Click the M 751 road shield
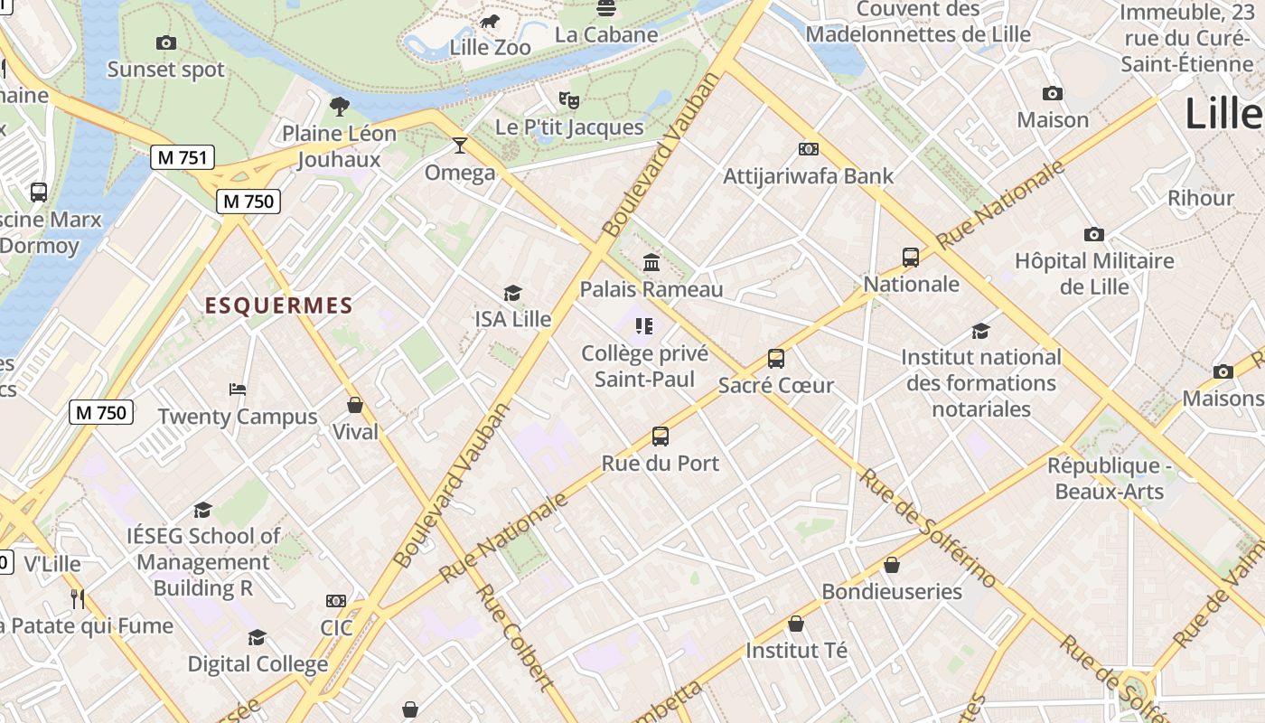183,157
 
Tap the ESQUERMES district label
278,305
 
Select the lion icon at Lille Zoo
489,21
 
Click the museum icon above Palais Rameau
651,263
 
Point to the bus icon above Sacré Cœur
775,359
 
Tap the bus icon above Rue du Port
661,437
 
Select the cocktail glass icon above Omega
460,146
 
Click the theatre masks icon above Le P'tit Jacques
568,99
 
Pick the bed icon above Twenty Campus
238,390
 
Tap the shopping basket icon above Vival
355,405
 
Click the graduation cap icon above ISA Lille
512,293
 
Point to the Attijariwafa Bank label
808,176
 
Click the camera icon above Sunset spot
165,42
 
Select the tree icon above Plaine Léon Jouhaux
340,107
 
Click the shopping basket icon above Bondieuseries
892,565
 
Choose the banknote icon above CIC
335,601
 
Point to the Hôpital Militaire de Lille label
1093,274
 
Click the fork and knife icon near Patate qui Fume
78,598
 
